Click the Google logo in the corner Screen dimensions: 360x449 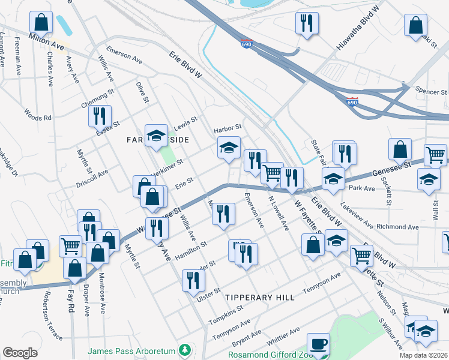click(20, 353)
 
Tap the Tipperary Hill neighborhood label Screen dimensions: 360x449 click(259, 298)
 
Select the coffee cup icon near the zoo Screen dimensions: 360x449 click(318, 344)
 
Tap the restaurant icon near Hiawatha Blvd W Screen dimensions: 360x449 click(306, 23)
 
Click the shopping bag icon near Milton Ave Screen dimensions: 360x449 click(41, 22)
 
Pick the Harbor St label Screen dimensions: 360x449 click(227, 128)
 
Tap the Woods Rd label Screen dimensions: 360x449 click(38, 114)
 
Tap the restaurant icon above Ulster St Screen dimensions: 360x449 click(193, 280)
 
